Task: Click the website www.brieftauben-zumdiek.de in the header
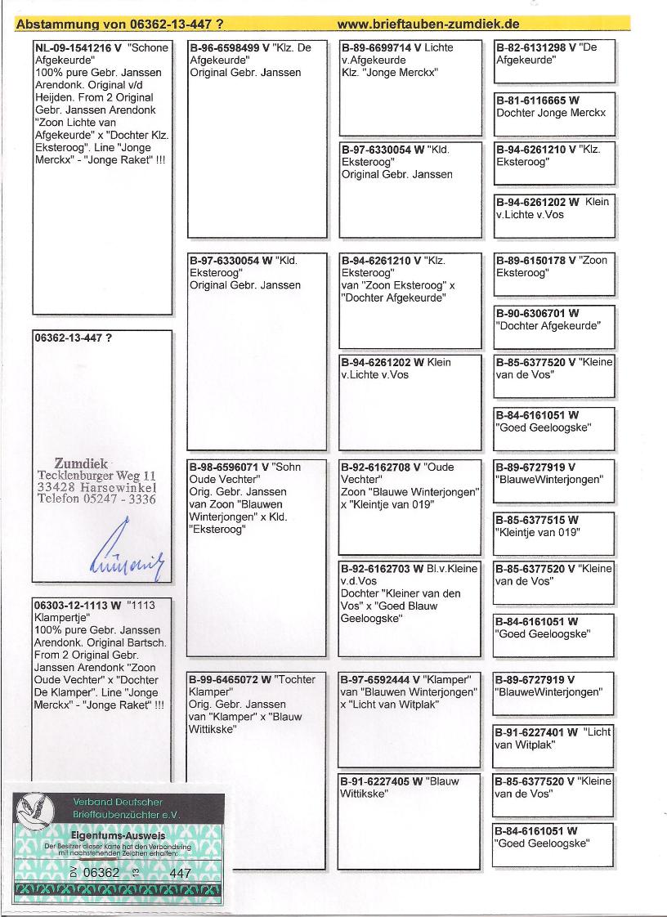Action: coord(428,24)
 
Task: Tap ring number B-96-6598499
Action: coord(226,48)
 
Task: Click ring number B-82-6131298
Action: coord(530,48)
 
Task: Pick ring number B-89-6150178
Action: coord(530,261)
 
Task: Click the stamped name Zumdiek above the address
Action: coord(81,463)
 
